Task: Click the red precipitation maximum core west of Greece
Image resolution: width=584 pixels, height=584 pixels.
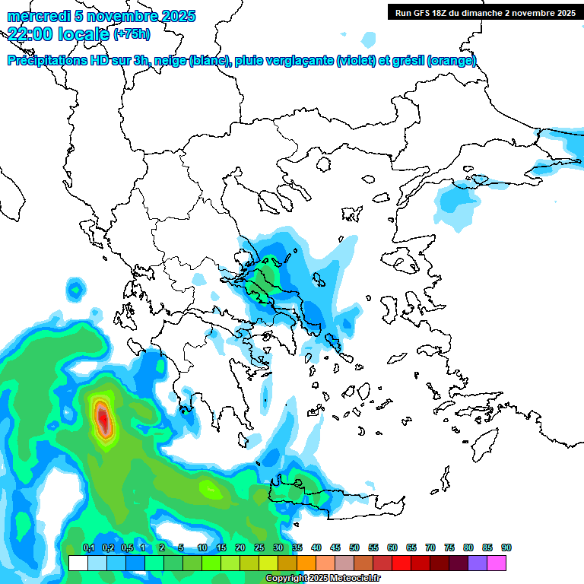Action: point(103,417)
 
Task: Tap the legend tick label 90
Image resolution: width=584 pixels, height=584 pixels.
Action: point(506,547)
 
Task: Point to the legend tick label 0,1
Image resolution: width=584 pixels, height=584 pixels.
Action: point(89,547)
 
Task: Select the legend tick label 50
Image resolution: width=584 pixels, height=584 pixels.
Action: point(354,547)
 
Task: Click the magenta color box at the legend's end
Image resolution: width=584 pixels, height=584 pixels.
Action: point(497,563)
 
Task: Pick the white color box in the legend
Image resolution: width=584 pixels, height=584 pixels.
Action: point(78,563)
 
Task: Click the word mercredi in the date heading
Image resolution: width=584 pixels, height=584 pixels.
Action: point(35,16)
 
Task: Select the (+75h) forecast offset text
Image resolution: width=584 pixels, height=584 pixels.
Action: point(132,34)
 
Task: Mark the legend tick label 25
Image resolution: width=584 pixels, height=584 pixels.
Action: point(259,547)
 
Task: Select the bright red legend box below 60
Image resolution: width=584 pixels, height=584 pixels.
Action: point(401,563)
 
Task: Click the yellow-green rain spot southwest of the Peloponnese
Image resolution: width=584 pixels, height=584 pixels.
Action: point(211,490)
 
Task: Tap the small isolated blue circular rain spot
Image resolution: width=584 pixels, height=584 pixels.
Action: point(75,288)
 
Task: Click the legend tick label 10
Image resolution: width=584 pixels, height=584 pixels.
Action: point(202,547)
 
